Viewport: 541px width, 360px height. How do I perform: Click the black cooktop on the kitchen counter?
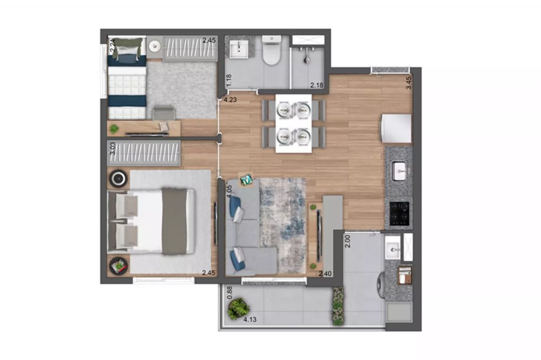(x=400, y=214)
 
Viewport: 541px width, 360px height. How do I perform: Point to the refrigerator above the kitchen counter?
(x=396, y=128)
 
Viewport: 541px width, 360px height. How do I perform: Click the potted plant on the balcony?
(x=238, y=308)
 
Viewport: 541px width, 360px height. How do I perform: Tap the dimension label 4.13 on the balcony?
(x=250, y=319)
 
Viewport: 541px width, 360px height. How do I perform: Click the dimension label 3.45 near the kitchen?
(x=409, y=83)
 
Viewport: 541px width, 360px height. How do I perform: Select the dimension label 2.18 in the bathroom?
(x=316, y=85)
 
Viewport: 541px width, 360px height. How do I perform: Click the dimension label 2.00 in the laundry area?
(x=348, y=241)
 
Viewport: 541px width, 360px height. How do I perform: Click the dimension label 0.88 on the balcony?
(x=230, y=293)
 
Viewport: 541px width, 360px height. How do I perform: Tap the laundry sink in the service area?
(x=393, y=248)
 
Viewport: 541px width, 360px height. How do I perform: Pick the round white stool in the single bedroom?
(x=154, y=45)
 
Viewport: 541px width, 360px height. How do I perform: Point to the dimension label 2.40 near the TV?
(x=325, y=274)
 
